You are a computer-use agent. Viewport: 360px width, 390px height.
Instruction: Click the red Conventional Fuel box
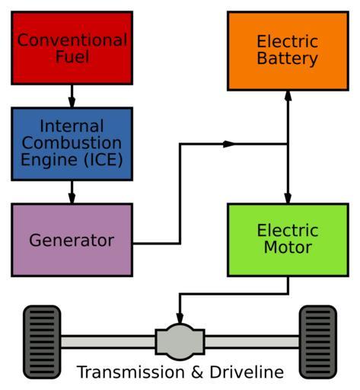pyautogui.click(x=72, y=48)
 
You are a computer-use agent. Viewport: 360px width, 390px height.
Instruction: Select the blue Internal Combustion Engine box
pyautogui.click(x=72, y=144)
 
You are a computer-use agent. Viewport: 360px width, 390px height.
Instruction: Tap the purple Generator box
pyautogui.click(x=72, y=240)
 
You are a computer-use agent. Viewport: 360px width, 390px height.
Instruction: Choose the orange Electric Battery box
pyautogui.click(x=288, y=51)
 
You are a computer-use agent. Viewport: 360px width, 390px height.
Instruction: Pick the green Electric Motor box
pyautogui.click(x=288, y=240)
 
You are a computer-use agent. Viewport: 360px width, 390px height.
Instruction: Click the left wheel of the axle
pyautogui.click(x=42, y=342)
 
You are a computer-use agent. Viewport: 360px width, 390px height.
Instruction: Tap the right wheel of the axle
pyautogui.click(x=318, y=342)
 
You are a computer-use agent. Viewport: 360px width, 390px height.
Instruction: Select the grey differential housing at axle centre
pyautogui.click(x=180, y=342)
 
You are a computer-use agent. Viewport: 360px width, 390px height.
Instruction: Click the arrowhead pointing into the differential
pyautogui.click(x=180, y=318)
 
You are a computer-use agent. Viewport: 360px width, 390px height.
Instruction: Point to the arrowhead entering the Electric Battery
pyautogui.click(x=288, y=95)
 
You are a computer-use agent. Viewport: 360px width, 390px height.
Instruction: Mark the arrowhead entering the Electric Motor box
pyautogui.click(x=288, y=198)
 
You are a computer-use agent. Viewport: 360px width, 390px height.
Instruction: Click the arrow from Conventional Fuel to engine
pyautogui.click(x=72, y=96)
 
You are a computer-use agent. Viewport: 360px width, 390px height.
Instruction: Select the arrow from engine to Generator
pyautogui.click(x=72, y=192)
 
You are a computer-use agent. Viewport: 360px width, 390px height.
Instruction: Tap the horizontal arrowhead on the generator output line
pyautogui.click(x=229, y=144)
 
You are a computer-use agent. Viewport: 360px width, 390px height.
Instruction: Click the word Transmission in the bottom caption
pyautogui.click(x=131, y=372)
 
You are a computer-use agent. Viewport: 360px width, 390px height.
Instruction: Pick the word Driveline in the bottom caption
pyautogui.click(x=247, y=372)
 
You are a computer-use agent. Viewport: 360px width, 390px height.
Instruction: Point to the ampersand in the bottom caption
pyautogui.click(x=197, y=372)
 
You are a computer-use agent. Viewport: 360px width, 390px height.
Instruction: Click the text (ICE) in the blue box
pyautogui.click(x=104, y=160)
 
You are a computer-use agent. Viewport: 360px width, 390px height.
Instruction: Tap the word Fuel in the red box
pyautogui.click(x=72, y=56)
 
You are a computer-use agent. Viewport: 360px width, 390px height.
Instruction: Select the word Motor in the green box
pyautogui.click(x=288, y=247)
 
